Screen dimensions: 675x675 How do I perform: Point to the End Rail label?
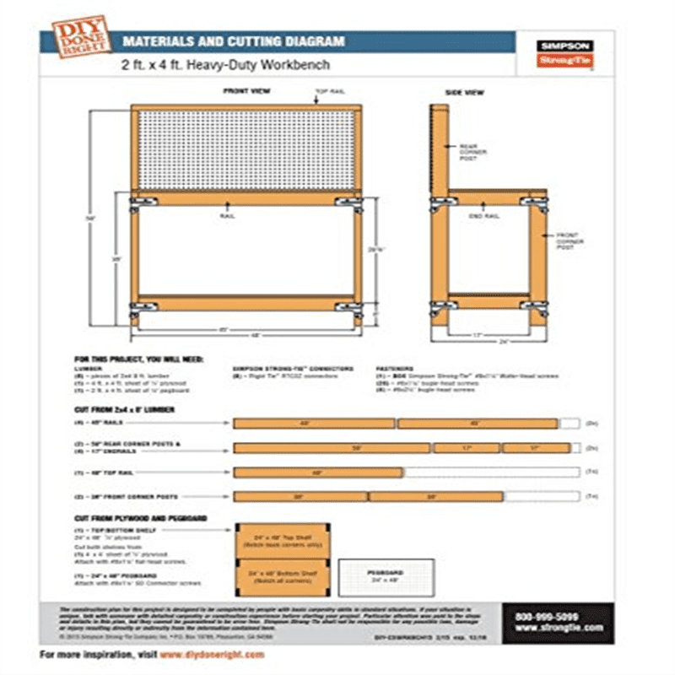click(x=480, y=217)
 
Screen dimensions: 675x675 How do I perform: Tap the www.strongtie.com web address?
click(x=558, y=629)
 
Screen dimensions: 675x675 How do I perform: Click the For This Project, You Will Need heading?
click(x=138, y=359)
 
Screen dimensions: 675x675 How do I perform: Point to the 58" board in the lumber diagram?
click(x=332, y=448)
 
